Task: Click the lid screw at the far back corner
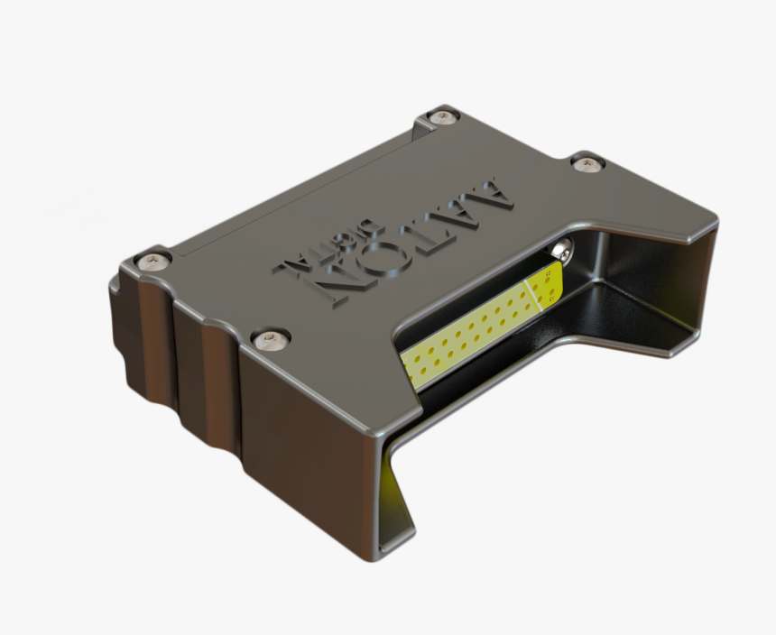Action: tap(442, 116)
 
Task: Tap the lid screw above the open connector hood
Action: tap(587, 163)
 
